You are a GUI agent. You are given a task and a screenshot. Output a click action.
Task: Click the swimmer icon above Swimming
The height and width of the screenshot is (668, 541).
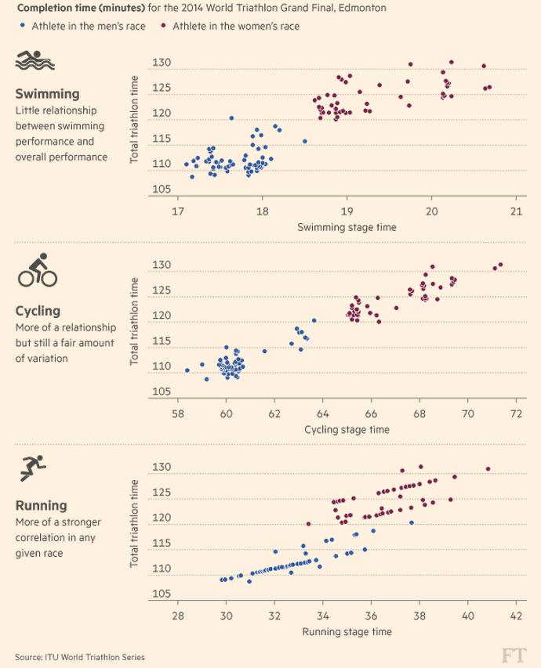(x=34, y=62)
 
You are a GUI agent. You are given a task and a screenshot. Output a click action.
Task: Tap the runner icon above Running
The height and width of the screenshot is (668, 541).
(x=34, y=468)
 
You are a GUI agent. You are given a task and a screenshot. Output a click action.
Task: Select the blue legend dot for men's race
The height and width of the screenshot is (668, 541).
(x=24, y=26)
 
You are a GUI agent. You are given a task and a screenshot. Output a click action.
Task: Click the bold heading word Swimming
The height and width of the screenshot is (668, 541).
(x=47, y=94)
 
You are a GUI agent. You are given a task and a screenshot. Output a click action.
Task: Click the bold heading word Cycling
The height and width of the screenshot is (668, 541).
(x=38, y=311)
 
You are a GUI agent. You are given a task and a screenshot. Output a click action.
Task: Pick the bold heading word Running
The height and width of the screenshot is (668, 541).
(x=41, y=506)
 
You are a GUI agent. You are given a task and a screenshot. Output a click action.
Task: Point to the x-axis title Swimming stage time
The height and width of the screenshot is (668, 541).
(x=347, y=227)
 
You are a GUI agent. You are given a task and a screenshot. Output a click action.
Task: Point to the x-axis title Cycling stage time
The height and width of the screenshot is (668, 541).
(x=347, y=429)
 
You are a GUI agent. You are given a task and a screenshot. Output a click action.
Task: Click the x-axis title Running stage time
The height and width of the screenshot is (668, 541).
(x=347, y=631)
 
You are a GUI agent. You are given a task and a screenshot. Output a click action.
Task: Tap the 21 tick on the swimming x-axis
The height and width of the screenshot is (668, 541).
(x=516, y=211)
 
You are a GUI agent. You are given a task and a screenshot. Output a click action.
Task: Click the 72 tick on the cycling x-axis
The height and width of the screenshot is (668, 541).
(x=516, y=413)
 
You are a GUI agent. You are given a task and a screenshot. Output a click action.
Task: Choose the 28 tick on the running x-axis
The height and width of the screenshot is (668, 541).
(x=178, y=616)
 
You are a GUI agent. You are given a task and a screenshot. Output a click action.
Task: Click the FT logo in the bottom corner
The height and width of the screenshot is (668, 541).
(x=514, y=655)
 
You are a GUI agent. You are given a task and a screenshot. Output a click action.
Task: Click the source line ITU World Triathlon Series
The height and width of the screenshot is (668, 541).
(x=79, y=657)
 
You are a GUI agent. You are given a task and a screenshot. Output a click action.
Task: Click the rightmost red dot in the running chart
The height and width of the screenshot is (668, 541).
(x=488, y=469)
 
